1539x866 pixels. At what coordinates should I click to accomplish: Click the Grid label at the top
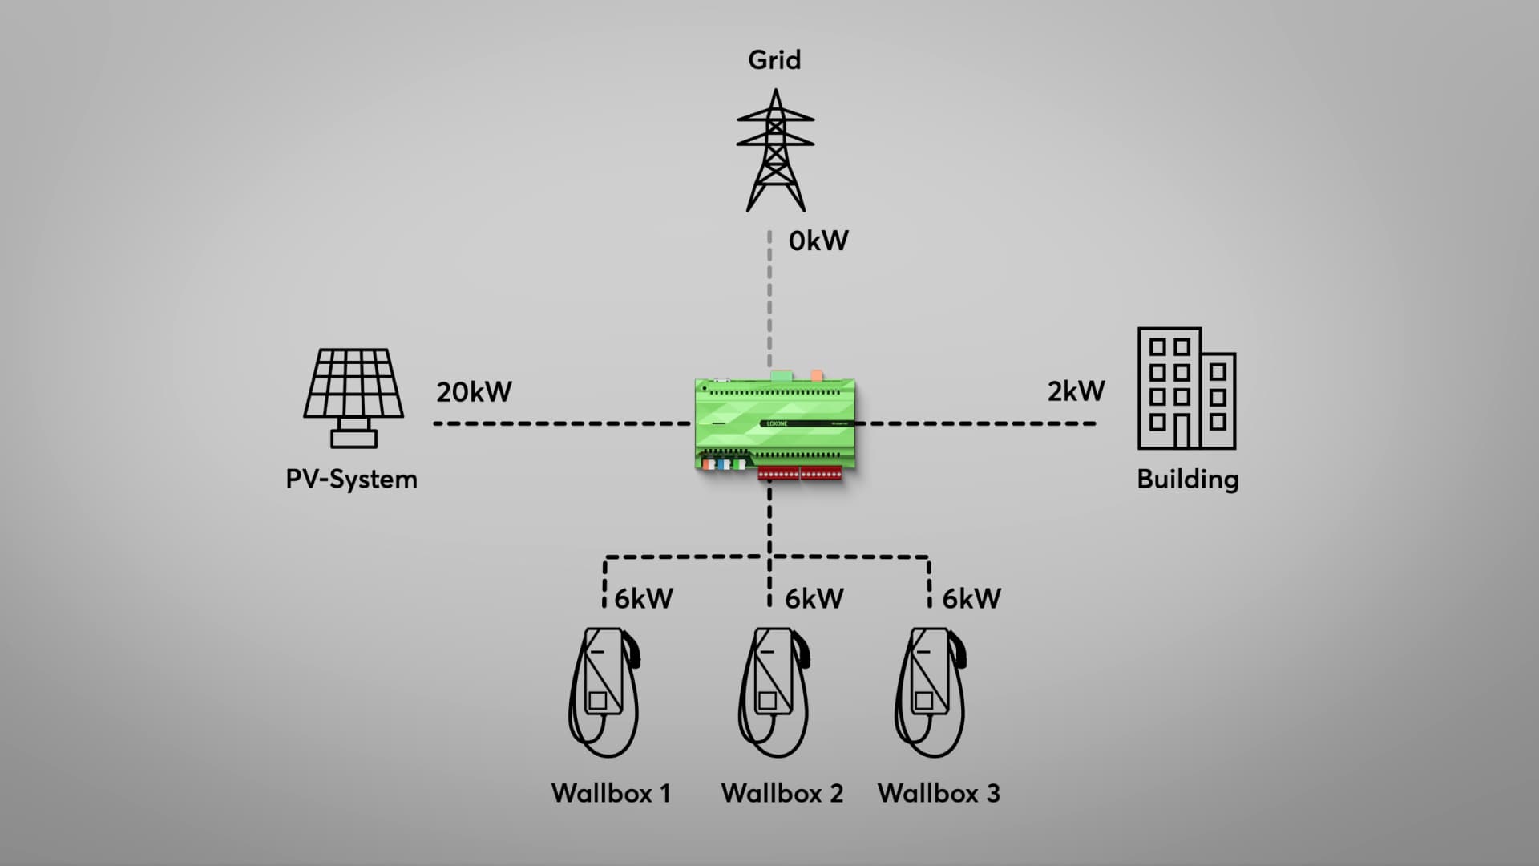point(774,60)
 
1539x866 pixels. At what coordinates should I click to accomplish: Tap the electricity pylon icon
point(775,151)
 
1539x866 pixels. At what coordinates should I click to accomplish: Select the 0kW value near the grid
point(818,241)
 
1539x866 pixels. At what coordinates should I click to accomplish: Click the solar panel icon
point(353,397)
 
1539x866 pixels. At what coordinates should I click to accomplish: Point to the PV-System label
point(351,480)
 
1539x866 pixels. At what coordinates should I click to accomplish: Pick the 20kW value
point(474,392)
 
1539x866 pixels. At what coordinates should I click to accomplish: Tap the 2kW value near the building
point(1076,391)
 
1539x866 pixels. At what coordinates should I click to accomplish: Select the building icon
point(1186,388)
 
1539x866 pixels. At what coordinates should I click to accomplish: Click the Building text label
point(1187,480)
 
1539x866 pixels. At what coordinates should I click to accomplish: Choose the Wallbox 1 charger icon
point(604,691)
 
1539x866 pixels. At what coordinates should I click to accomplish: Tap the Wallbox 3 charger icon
point(930,691)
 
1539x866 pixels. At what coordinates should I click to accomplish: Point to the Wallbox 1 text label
point(611,794)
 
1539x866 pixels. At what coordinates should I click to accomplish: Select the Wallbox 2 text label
point(782,794)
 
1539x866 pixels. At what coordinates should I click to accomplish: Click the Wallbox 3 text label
point(939,794)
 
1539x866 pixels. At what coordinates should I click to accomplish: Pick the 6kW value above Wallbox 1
point(644,598)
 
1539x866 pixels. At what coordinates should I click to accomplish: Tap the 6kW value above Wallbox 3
point(971,598)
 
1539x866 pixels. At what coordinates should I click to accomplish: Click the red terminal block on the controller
point(800,474)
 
